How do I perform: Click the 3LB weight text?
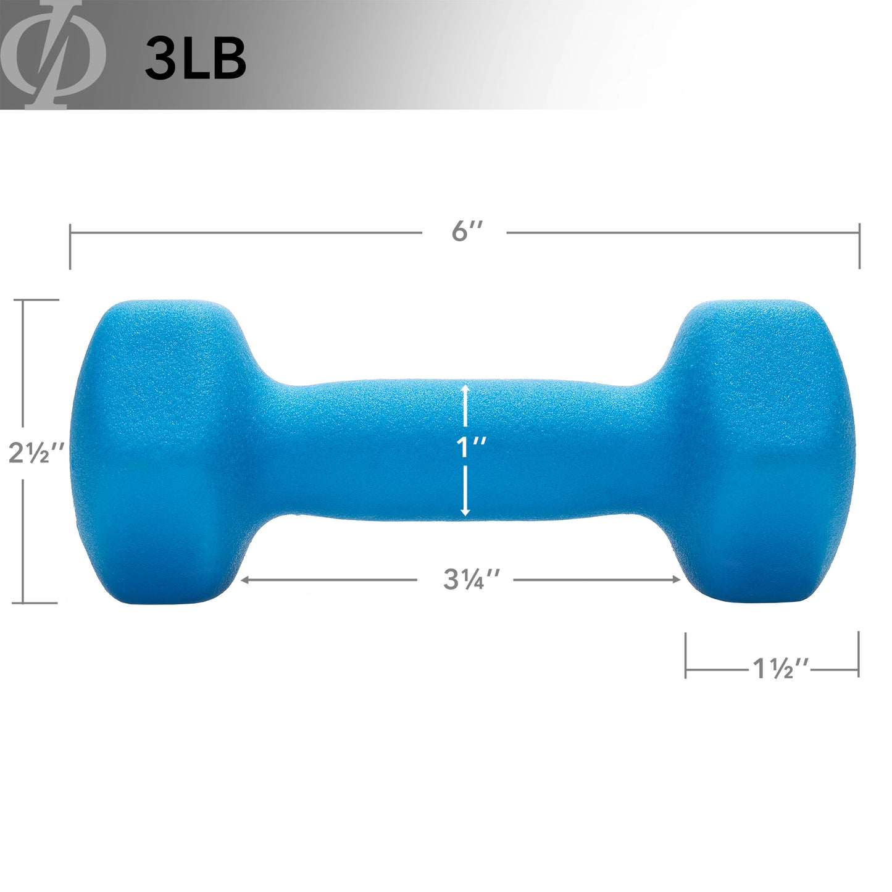coord(196,59)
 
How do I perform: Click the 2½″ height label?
coord(36,452)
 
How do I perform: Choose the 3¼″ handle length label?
coord(471,579)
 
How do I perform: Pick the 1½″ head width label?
coord(780,669)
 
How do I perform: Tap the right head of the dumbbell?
coord(765,451)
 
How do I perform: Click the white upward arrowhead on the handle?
coord(465,390)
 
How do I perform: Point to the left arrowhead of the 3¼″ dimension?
coord(244,580)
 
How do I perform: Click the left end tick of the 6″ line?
coord(70,246)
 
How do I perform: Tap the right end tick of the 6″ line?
coord(859,246)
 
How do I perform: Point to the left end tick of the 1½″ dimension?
coord(686,655)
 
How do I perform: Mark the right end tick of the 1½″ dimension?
coord(859,655)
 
